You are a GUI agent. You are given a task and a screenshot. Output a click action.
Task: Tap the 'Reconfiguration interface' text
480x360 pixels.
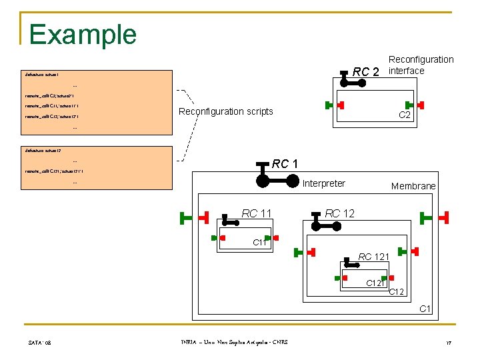421,65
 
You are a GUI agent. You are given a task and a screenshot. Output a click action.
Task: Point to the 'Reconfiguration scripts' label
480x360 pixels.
225,111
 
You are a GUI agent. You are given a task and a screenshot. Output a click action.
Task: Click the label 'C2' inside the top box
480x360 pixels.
404,115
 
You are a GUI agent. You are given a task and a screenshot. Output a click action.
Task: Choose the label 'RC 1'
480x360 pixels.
285,164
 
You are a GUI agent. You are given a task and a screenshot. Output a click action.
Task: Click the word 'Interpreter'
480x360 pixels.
324,183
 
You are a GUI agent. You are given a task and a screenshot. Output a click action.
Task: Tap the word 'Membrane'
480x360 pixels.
413,186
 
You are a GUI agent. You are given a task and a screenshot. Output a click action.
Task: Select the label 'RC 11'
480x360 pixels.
257,213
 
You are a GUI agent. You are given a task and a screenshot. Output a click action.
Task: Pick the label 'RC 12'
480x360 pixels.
340,213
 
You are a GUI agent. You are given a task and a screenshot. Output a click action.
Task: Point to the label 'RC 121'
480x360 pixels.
374,257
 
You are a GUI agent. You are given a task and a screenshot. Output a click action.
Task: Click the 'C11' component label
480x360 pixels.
259,243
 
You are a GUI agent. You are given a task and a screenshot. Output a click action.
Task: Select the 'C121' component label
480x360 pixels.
375,283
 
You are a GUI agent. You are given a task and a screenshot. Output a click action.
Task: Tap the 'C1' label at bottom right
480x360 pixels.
425,309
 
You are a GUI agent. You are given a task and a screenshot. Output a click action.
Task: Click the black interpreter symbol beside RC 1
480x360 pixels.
278,180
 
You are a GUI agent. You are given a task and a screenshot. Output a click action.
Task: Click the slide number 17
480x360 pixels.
449,343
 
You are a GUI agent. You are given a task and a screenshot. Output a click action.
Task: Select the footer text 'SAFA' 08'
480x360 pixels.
41,343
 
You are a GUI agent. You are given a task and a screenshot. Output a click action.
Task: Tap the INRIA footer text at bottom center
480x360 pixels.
230,343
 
